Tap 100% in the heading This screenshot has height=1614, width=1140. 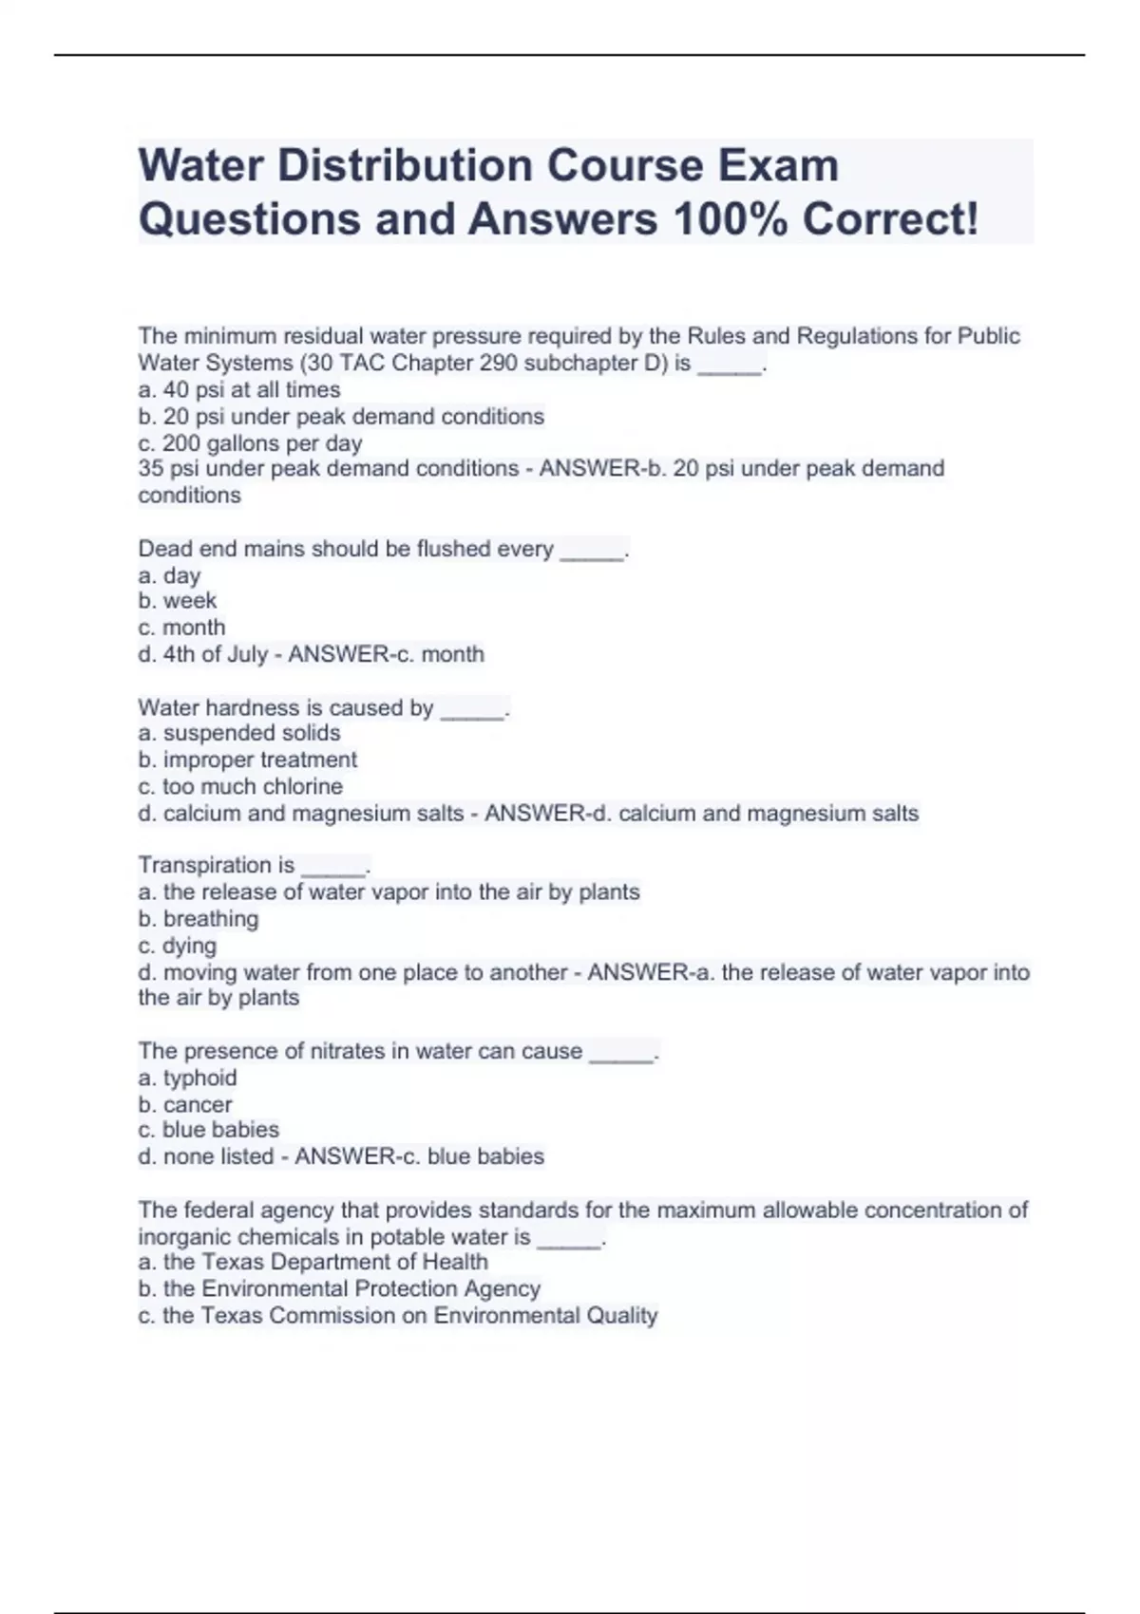[x=730, y=219]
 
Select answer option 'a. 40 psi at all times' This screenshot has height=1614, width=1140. [x=238, y=389]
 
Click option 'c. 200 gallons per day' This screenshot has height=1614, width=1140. [x=250, y=443]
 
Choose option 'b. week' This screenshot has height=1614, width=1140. [x=177, y=601]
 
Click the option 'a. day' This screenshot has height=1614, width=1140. [x=169, y=575]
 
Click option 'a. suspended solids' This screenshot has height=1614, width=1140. [x=238, y=733]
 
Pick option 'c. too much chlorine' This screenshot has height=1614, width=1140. [x=239, y=786]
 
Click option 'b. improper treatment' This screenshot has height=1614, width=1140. [x=247, y=760]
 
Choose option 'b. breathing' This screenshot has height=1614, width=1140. [x=198, y=918]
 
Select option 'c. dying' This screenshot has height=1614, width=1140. [x=177, y=946]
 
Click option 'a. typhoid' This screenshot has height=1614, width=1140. [x=187, y=1078]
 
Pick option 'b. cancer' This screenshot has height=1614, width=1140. [x=184, y=1104]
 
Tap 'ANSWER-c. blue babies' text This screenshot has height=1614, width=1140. [x=419, y=1156]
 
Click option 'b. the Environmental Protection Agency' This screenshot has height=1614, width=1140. [x=339, y=1288]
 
